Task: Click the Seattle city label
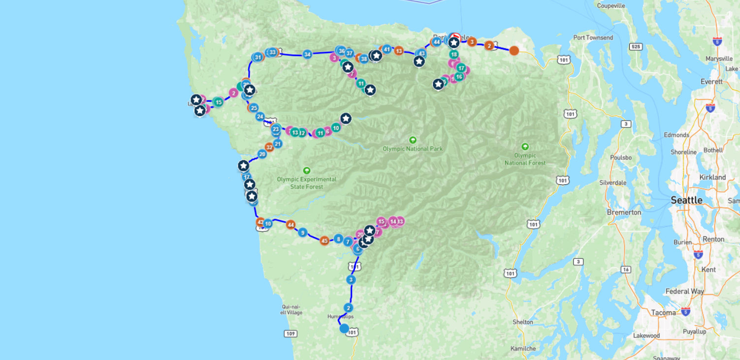[x=686, y=200]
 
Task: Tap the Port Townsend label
[x=593, y=38]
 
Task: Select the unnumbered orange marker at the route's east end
[x=514, y=50]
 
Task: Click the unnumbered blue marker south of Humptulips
[x=344, y=328]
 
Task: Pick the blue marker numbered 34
[x=307, y=54]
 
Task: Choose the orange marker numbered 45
[x=324, y=241]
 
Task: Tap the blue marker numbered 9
[x=302, y=232]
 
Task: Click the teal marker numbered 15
[x=218, y=102]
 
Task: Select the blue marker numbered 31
[x=257, y=57]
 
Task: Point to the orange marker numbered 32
[x=269, y=147]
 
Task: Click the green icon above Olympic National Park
[x=413, y=140]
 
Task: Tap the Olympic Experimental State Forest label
[x=307, y=183]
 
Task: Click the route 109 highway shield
[x=290, y=334]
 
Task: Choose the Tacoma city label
[x=663, y=313]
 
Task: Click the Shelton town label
[x=522, y=322]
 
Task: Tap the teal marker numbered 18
[x=453, y=54]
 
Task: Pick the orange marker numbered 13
[x=399, y=51]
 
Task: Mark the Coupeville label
[x=611, y=6]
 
